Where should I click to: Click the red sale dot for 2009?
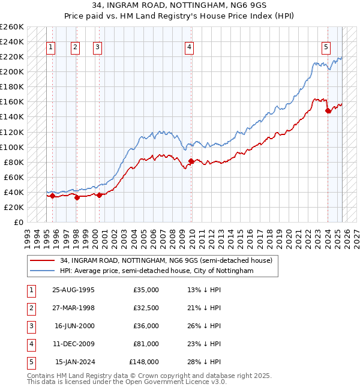point(191,161)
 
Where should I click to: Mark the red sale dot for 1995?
point(53,196)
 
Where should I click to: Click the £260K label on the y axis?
point(11,27)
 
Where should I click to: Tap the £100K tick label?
point(11,147)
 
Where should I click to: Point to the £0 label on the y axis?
point(17,222)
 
